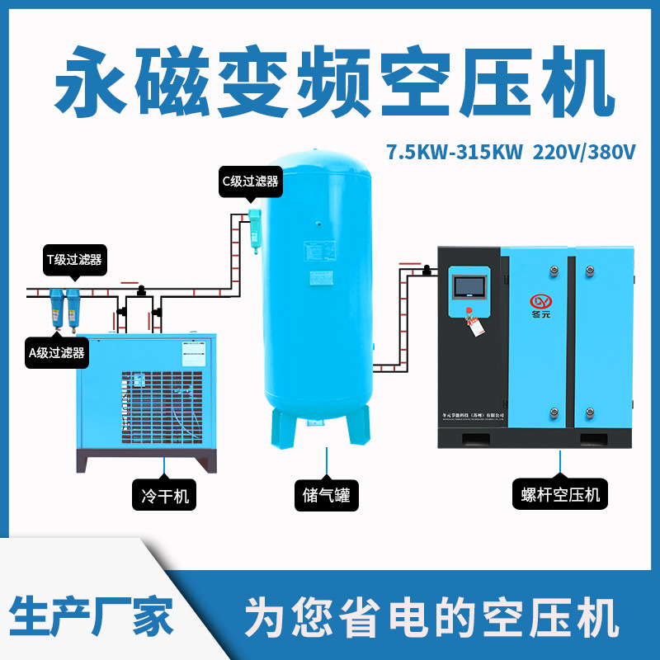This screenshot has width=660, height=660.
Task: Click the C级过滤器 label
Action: click(250, 181)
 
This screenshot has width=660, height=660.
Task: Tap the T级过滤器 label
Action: click(73, 259)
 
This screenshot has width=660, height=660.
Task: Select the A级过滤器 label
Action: click(57, 353)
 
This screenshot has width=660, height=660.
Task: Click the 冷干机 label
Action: click(165, 496)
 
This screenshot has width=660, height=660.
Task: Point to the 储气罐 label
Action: click(327, 496)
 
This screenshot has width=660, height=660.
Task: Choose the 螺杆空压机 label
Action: click(561, 496)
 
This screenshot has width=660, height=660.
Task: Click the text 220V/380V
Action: click(585, 152)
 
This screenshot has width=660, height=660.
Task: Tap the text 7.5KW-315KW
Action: click(455, 152)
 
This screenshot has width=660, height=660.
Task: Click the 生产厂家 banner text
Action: click(91, 615)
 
